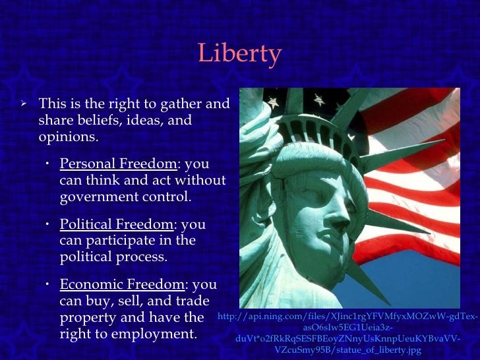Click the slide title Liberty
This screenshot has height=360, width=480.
click(239, 54)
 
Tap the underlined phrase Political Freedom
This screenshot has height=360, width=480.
click(116, 225)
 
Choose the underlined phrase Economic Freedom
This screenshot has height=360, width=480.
click(121, 285)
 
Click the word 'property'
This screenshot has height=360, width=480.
click(85, 318)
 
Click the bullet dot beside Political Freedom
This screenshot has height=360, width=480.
click(49, 225)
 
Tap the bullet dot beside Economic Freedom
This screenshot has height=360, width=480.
click(49, 285)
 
